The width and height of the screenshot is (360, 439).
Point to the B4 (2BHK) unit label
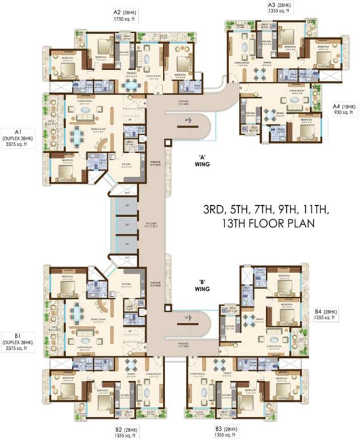[x=326, y=312]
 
